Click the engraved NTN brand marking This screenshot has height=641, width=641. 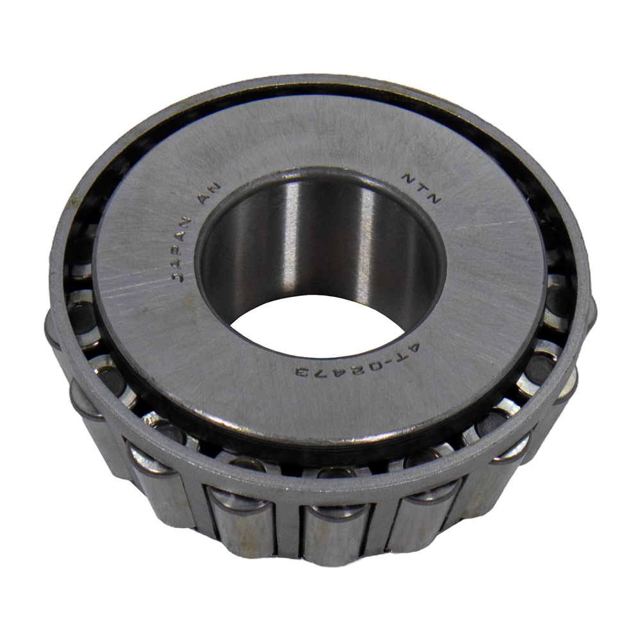[x=422, y=188]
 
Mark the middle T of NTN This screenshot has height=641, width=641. [x=422, y=188]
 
